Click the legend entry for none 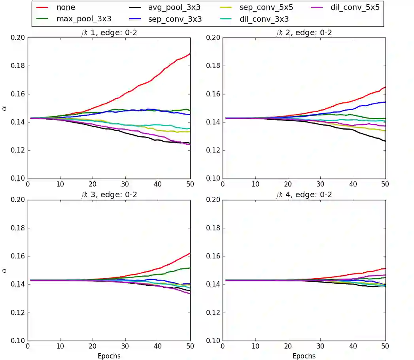pyautogui.click(x=66, y=7)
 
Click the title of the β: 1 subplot pyautogui.click(x=108, y=33)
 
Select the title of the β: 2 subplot pyautogui.click(x=304, y=33)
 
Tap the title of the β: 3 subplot pyautogui.click(x=108, y=195)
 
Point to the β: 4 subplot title pyautogui.click(x=304, y=195)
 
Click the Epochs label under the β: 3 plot pyautogui.click(x=109, y=356)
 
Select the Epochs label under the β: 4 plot pyautogui.click(x=304, y=356)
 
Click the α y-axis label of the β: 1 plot pyautogui.click(x=5, y=108)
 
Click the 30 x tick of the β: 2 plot pyautogui.click(x=320, y=184)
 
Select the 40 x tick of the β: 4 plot pyautogui.click(x=353, y=346)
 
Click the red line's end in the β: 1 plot pyautogui.click(x=190, y=53)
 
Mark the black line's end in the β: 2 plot pyautogui.click(x=385, y=141)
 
